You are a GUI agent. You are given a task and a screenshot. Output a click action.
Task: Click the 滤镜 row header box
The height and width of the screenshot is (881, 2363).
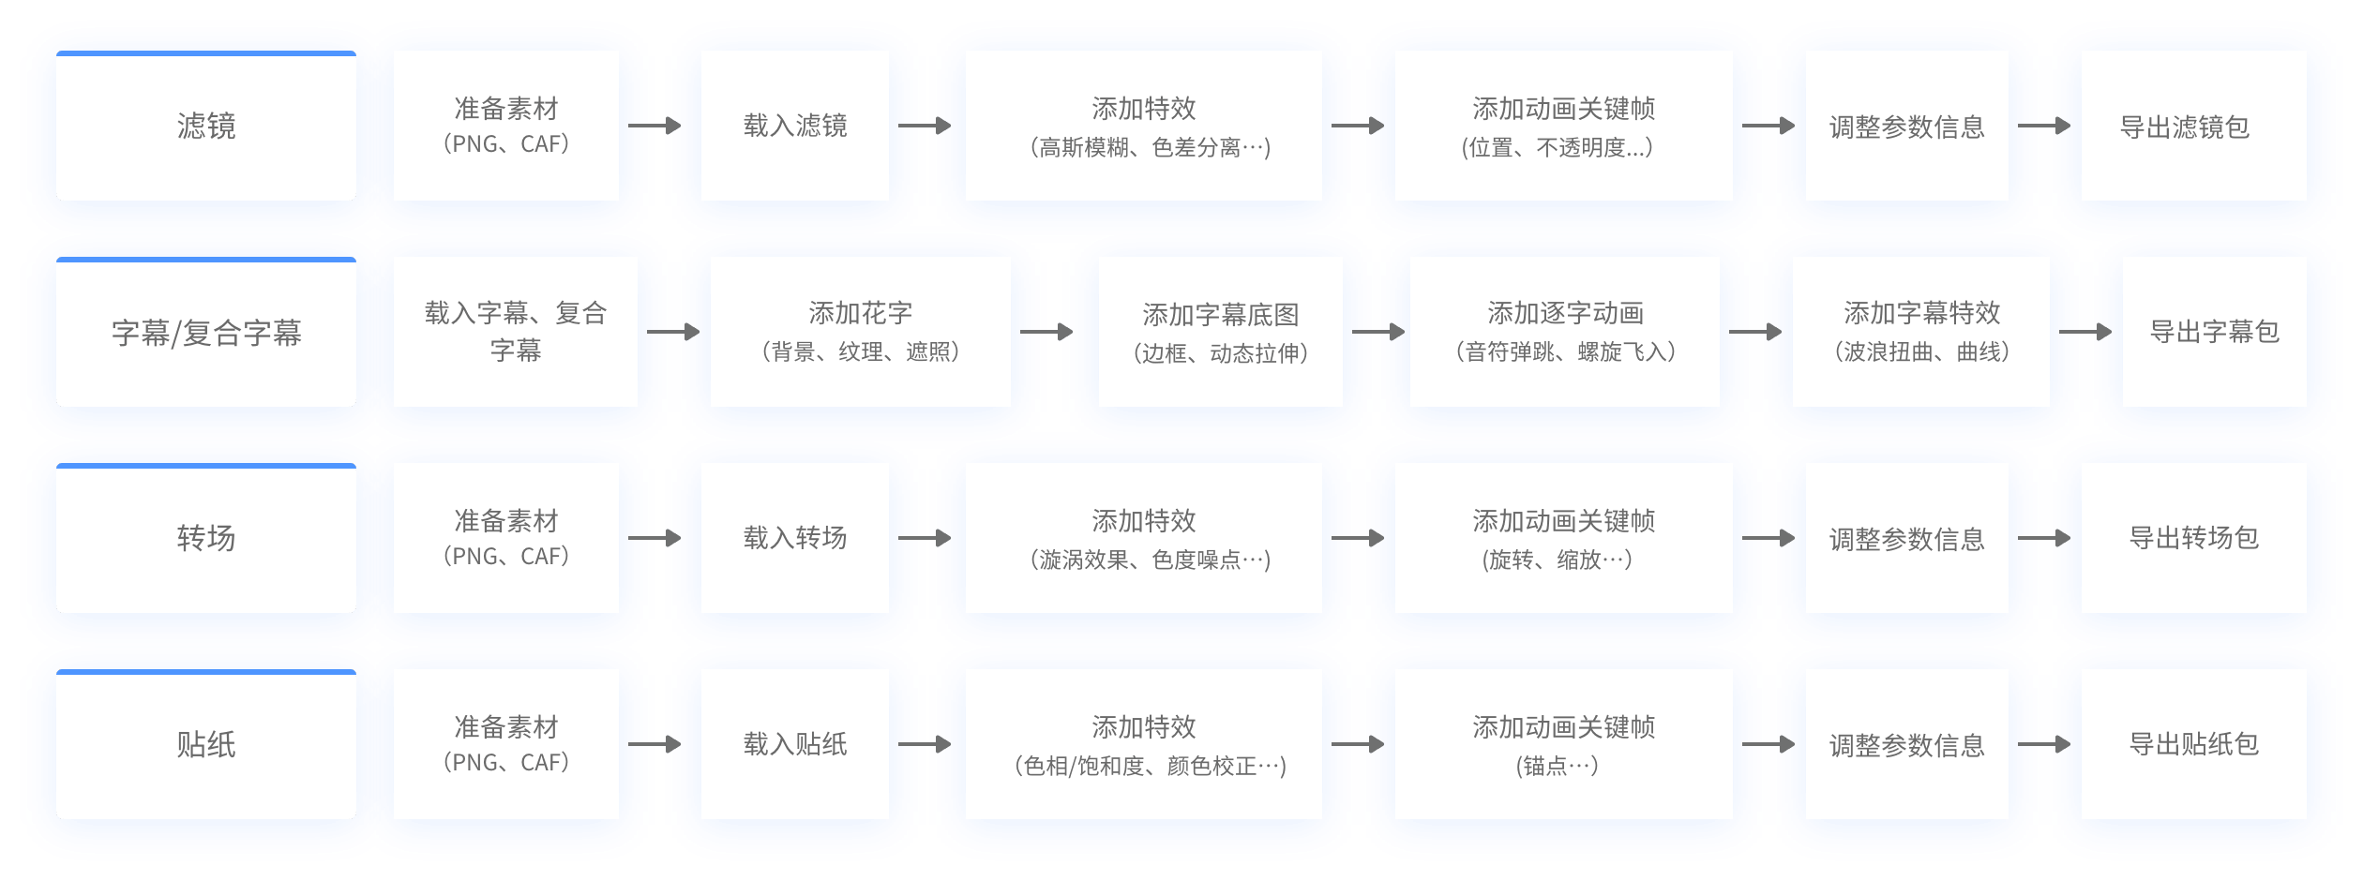coord(206,126)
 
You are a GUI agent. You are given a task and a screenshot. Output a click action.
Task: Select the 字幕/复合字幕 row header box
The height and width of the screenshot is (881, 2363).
coord(206,332)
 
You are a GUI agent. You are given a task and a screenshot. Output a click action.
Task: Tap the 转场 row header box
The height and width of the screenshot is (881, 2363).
coord(206,538)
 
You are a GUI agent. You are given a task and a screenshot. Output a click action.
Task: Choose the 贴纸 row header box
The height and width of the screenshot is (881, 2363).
coord(206,744)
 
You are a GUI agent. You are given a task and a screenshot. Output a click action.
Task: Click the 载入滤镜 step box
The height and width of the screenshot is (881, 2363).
coord(795,126)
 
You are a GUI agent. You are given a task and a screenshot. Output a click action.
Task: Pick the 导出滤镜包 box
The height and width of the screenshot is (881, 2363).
coord(2194,126)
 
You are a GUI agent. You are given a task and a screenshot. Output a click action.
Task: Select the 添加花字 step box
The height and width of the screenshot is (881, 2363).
coord(861,332)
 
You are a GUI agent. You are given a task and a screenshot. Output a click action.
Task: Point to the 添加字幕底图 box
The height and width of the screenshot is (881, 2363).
coord(1221,332)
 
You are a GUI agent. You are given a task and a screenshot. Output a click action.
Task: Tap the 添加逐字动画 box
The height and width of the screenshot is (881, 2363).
coord(1565,332)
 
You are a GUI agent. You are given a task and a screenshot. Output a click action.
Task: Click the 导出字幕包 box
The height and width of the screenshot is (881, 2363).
coord(2215,332)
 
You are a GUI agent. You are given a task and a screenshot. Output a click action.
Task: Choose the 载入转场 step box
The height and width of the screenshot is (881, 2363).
coord(795,538)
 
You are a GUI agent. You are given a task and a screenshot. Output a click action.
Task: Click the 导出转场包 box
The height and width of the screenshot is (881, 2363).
coord(2194,538)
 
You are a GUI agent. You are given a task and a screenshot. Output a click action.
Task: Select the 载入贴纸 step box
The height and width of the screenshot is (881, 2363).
coord(795,744)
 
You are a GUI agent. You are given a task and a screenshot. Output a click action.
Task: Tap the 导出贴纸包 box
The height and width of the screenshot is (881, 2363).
coord(2194,744)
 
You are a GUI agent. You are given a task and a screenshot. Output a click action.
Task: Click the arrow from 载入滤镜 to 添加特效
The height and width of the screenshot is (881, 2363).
coord(925,126)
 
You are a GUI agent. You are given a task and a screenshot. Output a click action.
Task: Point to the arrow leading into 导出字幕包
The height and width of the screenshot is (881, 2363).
coord(2085,332)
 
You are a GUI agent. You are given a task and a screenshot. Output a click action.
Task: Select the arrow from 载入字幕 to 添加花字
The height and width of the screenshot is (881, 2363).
coord(673,332)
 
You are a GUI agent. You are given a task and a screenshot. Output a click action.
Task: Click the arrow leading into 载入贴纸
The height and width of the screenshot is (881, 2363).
coord(655,744)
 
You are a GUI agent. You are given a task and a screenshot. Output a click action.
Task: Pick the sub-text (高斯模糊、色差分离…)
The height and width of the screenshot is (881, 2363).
coord(1151,147)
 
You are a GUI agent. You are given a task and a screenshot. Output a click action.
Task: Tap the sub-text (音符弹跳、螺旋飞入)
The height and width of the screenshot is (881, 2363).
coord(1565,351)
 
